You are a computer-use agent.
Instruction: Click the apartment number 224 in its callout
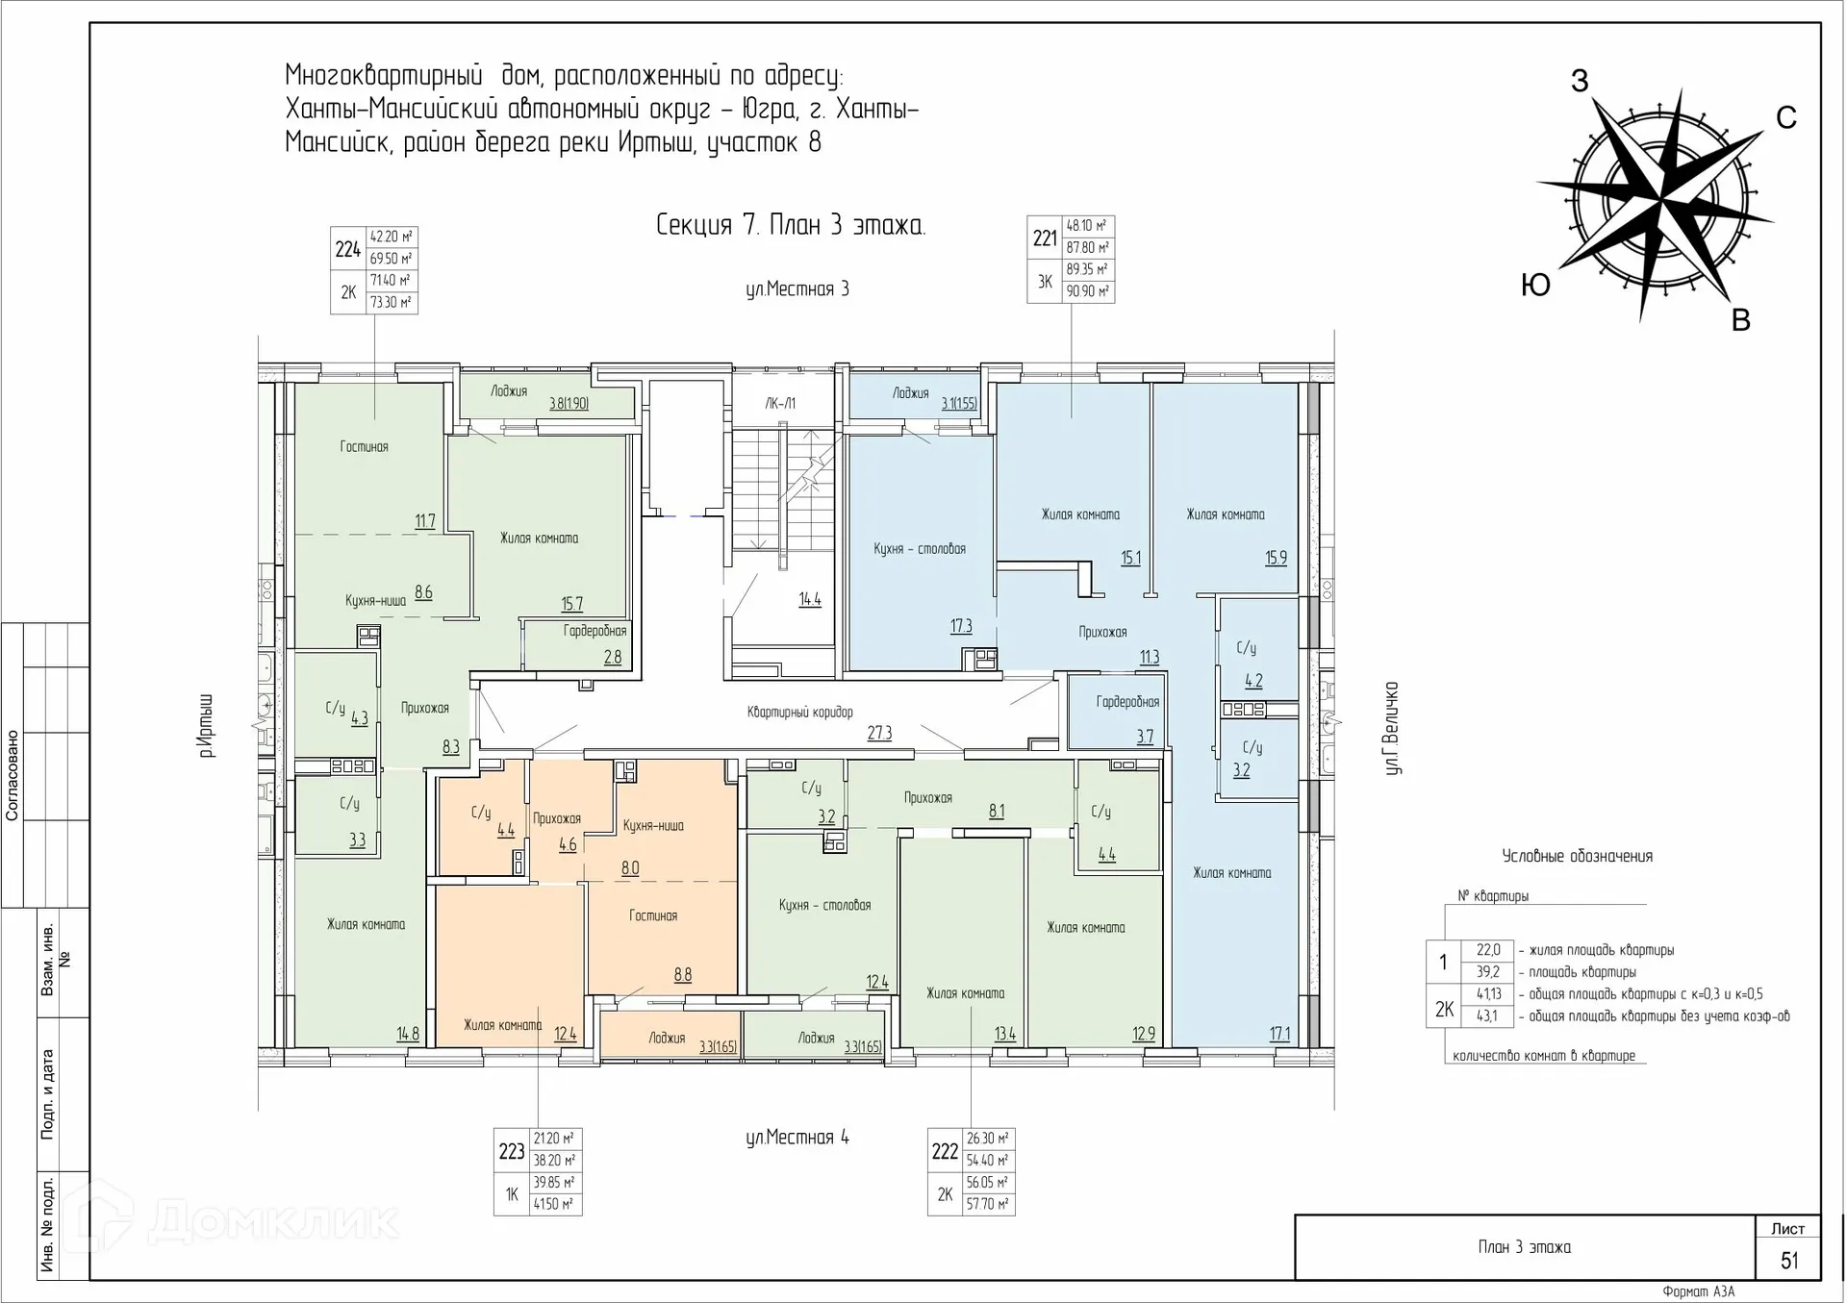pyautogui.click(x=347, y=250)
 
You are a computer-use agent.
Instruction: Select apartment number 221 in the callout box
pyautogui.click(x=1045, y=238)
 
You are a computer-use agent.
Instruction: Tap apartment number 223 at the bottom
pyautogui.click(x=512, y=1151)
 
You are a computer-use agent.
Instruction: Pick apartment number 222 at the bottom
pyautogui.click(x=945, y=1151)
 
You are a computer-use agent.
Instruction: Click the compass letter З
pyautogui.click(x=1580, y=81)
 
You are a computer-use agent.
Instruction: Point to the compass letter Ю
pyautogui.click(x=1535, y=285)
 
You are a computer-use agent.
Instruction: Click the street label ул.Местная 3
pyautogui.click(x=797, y=289)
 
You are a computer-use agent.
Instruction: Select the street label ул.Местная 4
pyautogui.click(x=797, y=1138)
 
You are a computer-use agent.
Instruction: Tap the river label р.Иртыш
pyautogui.click(x=205, y=725)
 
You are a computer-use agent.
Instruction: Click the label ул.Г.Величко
pyautogui.click(x=1391, y=728)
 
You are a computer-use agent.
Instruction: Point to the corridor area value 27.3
pyautogui.click(x=879, y=734)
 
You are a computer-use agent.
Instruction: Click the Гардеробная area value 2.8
pyautogui.click(x=613, y=658)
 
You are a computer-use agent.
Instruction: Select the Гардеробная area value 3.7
pyautogui.click(x=1145, y=738)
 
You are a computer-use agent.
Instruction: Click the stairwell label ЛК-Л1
pyautogui.click(x=780, y=404)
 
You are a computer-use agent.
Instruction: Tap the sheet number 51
pyautogui.click(x=1789, y=1261)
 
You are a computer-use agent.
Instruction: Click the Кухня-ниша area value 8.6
pyautogui.click(x=423, y=592)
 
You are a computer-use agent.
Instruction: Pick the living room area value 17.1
pyautogui.click(x=1279, y=1035)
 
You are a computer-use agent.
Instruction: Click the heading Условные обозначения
pyautogui.click(x=1578, y=856)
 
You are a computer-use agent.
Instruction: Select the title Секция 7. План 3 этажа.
pyautogui.click(x=791, y=225)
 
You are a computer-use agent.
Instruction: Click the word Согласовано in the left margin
pyautogui.click(x=13, y=775)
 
